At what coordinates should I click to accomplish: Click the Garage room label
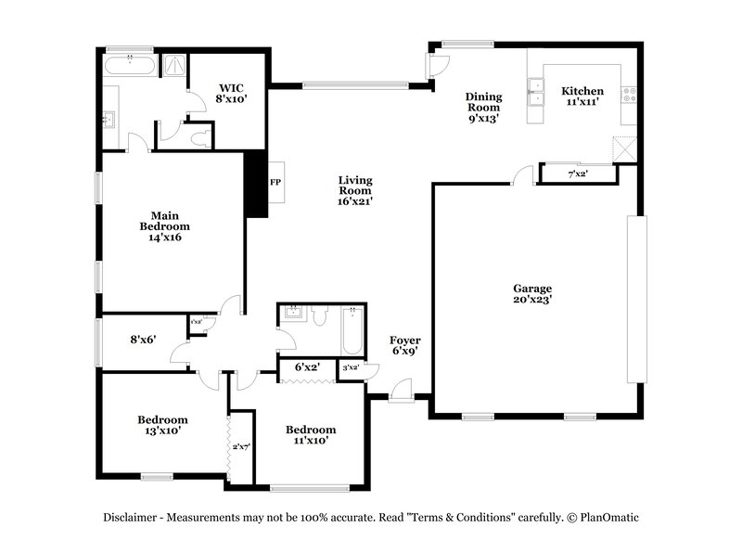tap(532, 293)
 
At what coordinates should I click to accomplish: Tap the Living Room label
tap(354, 190)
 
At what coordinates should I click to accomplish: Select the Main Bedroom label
tap(164, 225)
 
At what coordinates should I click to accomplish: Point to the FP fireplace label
tap(275, 182)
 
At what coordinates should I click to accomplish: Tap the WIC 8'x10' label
tap(233, 91)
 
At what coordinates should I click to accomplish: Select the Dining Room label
tap(483, 107)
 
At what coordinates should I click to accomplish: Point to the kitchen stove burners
tap(628, 93)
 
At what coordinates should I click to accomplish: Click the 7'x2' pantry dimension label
tap(578, 174)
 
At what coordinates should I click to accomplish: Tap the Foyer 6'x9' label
tap(405, 346)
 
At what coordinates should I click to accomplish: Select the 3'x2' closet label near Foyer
tap(352, 368)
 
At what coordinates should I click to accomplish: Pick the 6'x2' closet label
tap(307, 367)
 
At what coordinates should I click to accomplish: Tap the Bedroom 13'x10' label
tap(162, 425)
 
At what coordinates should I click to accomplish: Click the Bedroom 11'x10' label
tap(310, 435)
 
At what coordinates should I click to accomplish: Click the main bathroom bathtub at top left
tap(129, 66)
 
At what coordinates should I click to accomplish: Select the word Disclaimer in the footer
tap(131, 518)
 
